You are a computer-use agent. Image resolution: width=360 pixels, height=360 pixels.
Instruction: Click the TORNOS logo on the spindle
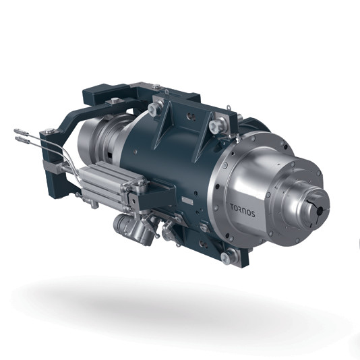pyautogui.click(x=243, y=210)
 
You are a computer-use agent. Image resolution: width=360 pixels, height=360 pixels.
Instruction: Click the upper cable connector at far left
pyautogui.click(x=21, y=132)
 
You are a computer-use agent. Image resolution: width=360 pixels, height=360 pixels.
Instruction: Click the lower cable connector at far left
pyautogui.click(x=22, y=140)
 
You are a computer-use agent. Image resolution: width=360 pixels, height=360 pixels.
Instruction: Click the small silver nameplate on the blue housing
pyautogui.click(x=187, y=200)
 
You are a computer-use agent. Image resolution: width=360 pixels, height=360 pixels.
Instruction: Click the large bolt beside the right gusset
pyautogui.click(x=216, y=125)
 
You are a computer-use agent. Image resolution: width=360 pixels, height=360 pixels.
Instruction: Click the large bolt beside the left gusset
pyautogui.click(x=154, y=108)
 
